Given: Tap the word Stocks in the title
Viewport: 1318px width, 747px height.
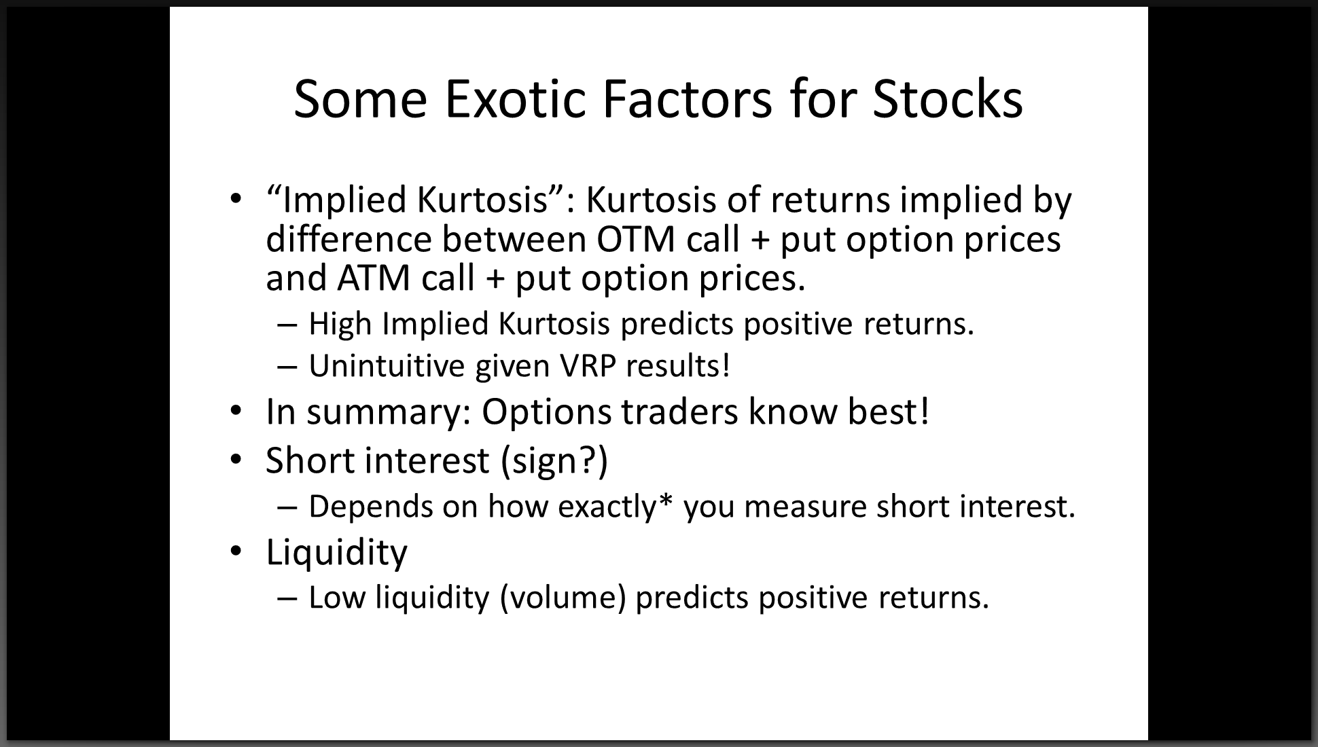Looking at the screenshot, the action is click(x=948, y=99).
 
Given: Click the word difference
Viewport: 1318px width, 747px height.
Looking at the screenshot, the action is click(x=349, y=239).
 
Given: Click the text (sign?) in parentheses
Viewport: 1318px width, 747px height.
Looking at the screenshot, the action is click(x=554, y=460).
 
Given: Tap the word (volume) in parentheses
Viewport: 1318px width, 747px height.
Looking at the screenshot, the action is click(x=562, y=598).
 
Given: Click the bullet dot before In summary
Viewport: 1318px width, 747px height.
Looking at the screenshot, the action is click(x=235, y=412).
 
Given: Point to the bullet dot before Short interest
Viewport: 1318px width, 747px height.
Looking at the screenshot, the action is click(x=235, y=460).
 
